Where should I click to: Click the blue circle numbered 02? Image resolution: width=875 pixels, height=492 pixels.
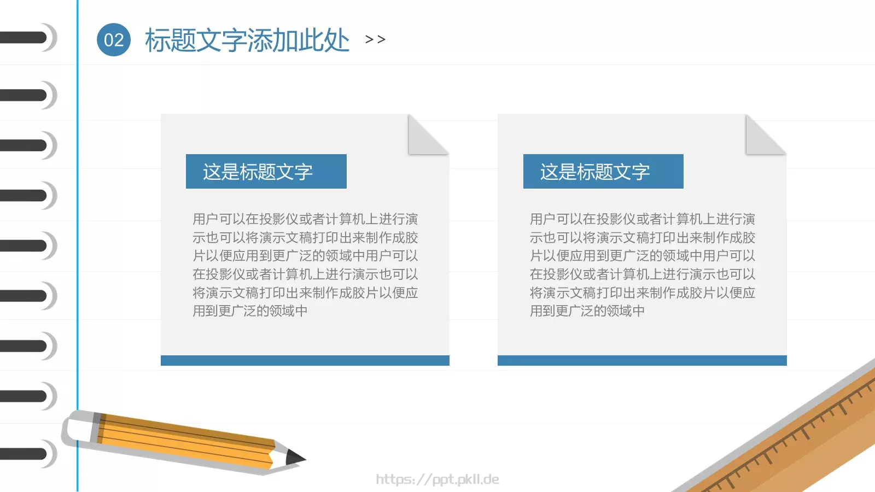(x=114, y=40)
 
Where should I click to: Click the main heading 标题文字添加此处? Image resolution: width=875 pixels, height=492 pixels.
(x=247, y=40)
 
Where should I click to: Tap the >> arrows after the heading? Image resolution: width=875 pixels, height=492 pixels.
(x=375, y=39)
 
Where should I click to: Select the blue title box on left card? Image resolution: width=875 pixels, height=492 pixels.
(x=266, y=172)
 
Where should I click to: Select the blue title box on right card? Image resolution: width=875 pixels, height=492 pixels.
(x=603, y=172)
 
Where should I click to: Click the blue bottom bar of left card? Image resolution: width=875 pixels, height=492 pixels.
(x=305, y=361)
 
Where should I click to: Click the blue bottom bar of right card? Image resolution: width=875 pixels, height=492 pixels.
(x=642, y=361)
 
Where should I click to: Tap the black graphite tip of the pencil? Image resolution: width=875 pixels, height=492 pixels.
(x=295, y=457)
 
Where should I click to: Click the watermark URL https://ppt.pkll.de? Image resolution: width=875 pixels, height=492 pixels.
(x=437, y=479)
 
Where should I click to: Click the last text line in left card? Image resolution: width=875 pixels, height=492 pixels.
(x=250, y=311)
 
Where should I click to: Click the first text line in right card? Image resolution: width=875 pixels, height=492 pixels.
(x=642, y=219)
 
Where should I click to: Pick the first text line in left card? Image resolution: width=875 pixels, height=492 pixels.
(x=305, y=219)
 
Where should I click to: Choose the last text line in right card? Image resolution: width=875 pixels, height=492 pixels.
(x=587, y=311)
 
